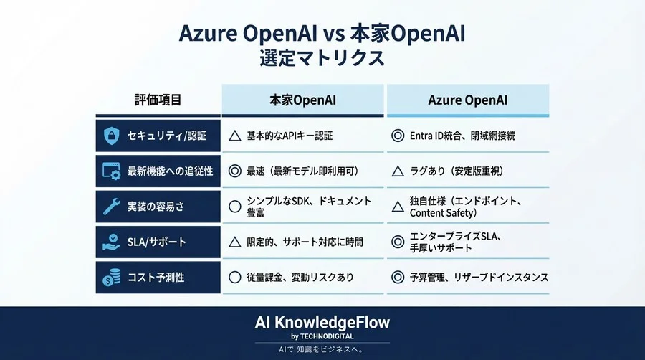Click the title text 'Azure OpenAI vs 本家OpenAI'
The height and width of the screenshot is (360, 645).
tap(322, 33)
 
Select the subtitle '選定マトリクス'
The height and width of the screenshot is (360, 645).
tap(322, 58)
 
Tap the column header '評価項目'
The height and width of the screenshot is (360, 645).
tap(158, 100)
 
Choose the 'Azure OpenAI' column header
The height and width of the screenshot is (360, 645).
tap(468, 100)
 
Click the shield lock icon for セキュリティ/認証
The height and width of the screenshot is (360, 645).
tap(112, 136)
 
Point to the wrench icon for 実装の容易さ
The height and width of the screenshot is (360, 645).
tap(112, 207)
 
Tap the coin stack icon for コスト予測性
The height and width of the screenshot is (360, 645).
tap(112, 277)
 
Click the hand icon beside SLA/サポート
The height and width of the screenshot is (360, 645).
tap(112, 242)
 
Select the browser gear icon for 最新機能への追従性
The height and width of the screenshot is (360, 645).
tap(112, 171)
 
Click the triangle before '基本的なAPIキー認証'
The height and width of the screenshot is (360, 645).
tap(234, 136)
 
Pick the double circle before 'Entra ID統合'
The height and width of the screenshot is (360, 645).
tap(398, 136)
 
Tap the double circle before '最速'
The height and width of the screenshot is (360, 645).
tap(234, 171)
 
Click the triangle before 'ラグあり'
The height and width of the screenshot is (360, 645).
tap(398, 171)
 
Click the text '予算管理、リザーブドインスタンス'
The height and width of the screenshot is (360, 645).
tap(479, 277)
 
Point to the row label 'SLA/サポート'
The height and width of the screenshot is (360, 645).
tap(156, 242)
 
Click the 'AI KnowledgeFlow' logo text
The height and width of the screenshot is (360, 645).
tap(322, 322)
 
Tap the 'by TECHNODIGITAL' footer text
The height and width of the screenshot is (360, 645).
tap(322, 336)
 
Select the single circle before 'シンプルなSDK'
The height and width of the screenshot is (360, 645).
tap(234, 207)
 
